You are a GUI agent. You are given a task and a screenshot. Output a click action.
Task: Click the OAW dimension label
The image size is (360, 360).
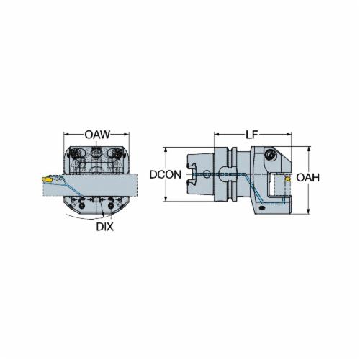point(97,135)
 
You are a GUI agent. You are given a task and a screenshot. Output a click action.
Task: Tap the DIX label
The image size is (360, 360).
point(105,227)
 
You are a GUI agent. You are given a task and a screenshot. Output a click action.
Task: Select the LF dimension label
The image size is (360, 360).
point(251,135)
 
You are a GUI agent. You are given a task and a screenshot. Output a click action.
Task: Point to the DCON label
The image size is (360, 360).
point(166,175)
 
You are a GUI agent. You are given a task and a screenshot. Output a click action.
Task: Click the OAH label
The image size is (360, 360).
point(308,178)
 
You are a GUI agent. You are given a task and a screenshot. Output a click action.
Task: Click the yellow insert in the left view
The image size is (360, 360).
point(48,179)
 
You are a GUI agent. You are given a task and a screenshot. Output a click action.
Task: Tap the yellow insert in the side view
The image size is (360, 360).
point(287,179)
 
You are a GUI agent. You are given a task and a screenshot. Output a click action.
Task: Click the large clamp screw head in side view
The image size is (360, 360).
point(271,154)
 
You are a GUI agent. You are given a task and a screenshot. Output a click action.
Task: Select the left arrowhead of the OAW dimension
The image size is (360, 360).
point(66,135)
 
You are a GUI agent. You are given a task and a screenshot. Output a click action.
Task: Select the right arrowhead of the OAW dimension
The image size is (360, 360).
point(127,135)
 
